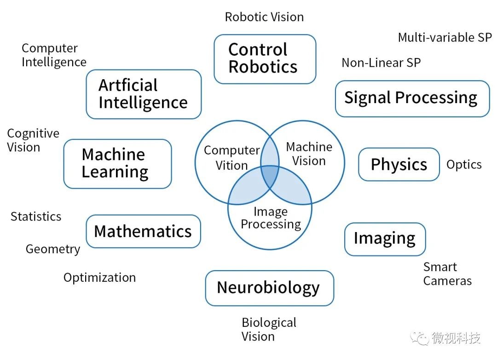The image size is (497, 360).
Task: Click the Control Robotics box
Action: tap(265, 59)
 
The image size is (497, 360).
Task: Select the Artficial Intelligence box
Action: tap(144, 94)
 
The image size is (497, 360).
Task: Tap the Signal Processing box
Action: tap(412, 99)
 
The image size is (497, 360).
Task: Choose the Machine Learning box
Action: tap(118, 164)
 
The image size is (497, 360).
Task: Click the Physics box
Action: tap(399, 164)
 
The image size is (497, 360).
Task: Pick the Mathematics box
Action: tap(143, 231)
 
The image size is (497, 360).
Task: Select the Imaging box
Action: tap(385, 239)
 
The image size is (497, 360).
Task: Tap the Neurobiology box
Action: tap(269, 288)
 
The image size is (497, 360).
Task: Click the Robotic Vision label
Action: tap(264, 17)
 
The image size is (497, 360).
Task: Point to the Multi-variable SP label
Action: tap(445, 37)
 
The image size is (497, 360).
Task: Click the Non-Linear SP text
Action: tap(381, 63)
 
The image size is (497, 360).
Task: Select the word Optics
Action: tap(464, 165)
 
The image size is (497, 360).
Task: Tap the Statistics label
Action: tap(36, 217)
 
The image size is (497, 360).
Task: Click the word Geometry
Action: tap(53, 250)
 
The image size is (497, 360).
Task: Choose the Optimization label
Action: tap(99, 278)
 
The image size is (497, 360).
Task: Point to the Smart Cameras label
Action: tap(447, 274)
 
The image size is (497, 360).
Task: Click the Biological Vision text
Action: tap(269, 330)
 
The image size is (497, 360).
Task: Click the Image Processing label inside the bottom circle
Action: tap(271, 218)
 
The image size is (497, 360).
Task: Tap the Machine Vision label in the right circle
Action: tap(309, 154)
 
